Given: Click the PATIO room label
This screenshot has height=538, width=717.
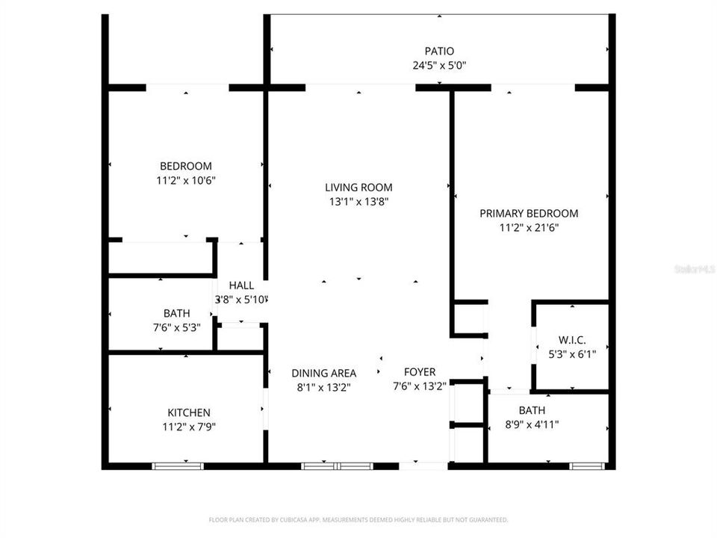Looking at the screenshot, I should point(439,51).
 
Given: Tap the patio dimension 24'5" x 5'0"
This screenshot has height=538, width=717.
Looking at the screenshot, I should point(439,64).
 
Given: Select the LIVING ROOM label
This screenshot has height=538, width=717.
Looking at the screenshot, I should point(358,188).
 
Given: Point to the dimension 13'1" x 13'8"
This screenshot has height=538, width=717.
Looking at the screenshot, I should point(358,201).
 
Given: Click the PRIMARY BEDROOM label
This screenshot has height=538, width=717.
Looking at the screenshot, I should point(529,213).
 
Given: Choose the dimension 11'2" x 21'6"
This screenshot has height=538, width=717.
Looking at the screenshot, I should point(529,227).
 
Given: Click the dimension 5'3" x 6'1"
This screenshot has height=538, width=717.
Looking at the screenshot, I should point(571,354).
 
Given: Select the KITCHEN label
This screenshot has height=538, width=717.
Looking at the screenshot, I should point(188,412).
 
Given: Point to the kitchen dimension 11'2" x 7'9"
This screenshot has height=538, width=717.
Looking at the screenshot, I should point(188,427).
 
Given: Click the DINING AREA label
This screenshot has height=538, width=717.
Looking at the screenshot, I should point(323,373).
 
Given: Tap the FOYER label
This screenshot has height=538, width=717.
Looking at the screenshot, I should point(419,372).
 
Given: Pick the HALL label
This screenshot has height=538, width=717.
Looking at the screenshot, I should point(241,285).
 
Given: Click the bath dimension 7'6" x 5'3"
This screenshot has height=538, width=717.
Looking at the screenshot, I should point(176,327).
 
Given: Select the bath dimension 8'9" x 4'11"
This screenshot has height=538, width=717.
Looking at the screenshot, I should point(532,424).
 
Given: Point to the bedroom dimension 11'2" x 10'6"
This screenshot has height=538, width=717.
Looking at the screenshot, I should point(186,179).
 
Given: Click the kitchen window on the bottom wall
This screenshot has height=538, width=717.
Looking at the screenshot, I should point(178,466).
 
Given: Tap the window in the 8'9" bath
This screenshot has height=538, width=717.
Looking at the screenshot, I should point(586,466).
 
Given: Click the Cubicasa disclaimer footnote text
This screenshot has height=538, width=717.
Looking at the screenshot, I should point(358,519).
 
